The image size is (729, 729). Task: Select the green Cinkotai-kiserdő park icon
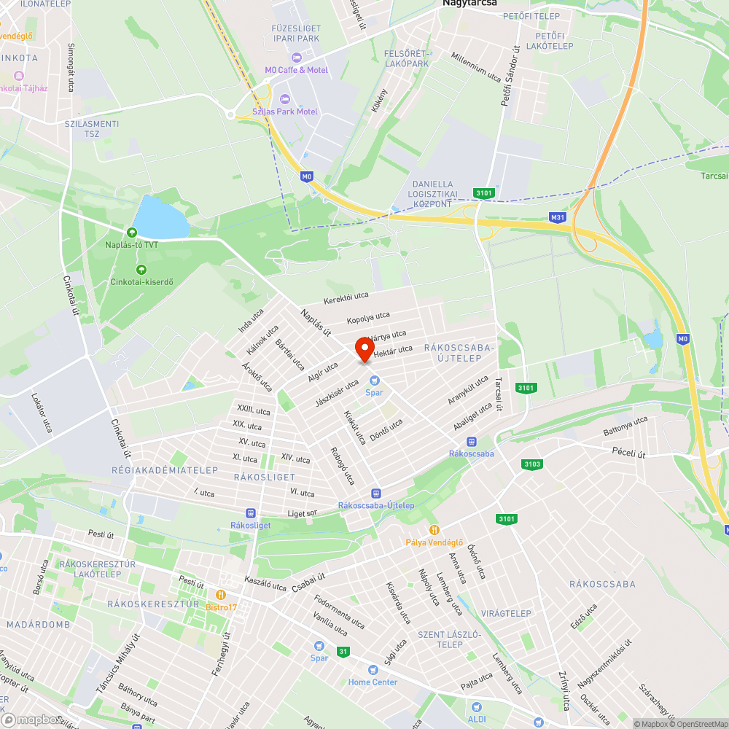[x=131, y=270]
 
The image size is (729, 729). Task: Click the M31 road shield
[x=558, y=217]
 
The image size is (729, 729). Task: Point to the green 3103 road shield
[x=532, y=464]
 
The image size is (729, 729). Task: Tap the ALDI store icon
[x=477, y=707]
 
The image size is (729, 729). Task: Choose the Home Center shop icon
[x=373, y=670]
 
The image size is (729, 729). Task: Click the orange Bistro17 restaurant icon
[x=221, y=594]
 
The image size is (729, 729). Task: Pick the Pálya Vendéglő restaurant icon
[x=434, y=530]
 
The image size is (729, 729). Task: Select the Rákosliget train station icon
[x=250, y=512]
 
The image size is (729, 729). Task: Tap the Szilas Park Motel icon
[x=284, y=99]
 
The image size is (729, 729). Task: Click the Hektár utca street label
[x=393, y=351]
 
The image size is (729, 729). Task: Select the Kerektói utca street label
[x=346, y=299]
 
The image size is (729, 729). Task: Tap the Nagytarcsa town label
[x=470, y=4]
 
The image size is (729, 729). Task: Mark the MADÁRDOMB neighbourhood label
[x=38, y=625]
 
